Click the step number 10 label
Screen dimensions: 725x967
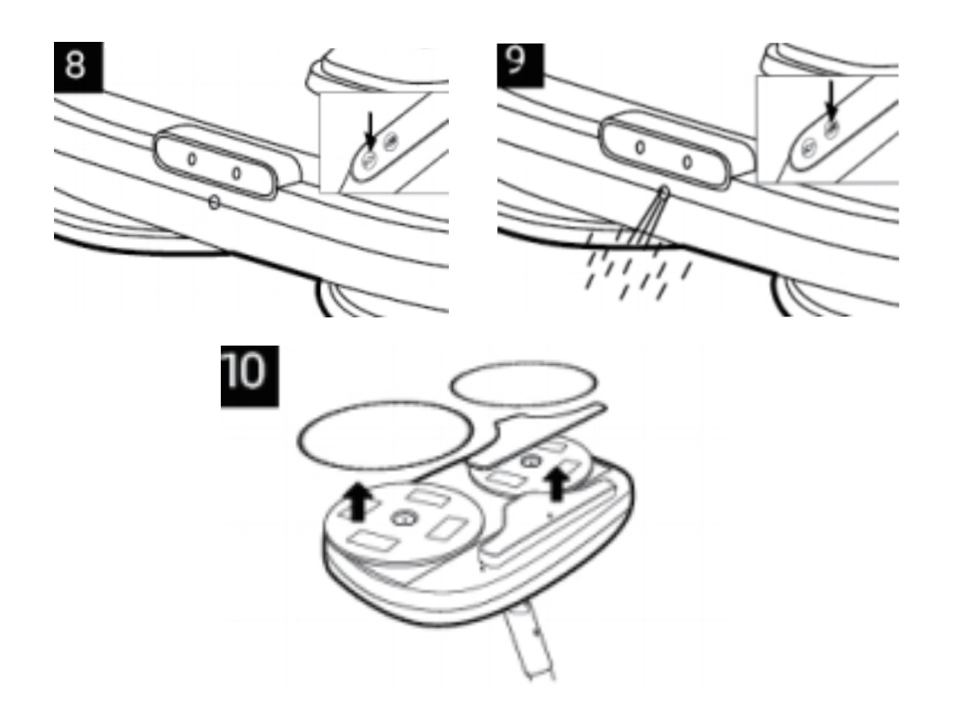[250, 375]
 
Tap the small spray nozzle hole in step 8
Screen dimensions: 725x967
[214, 204]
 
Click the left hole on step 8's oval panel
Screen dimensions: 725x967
[191, 159]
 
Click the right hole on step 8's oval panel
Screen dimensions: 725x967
[237, 172]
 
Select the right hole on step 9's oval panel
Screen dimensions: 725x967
[687, 162]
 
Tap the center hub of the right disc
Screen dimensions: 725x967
[529, 462]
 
